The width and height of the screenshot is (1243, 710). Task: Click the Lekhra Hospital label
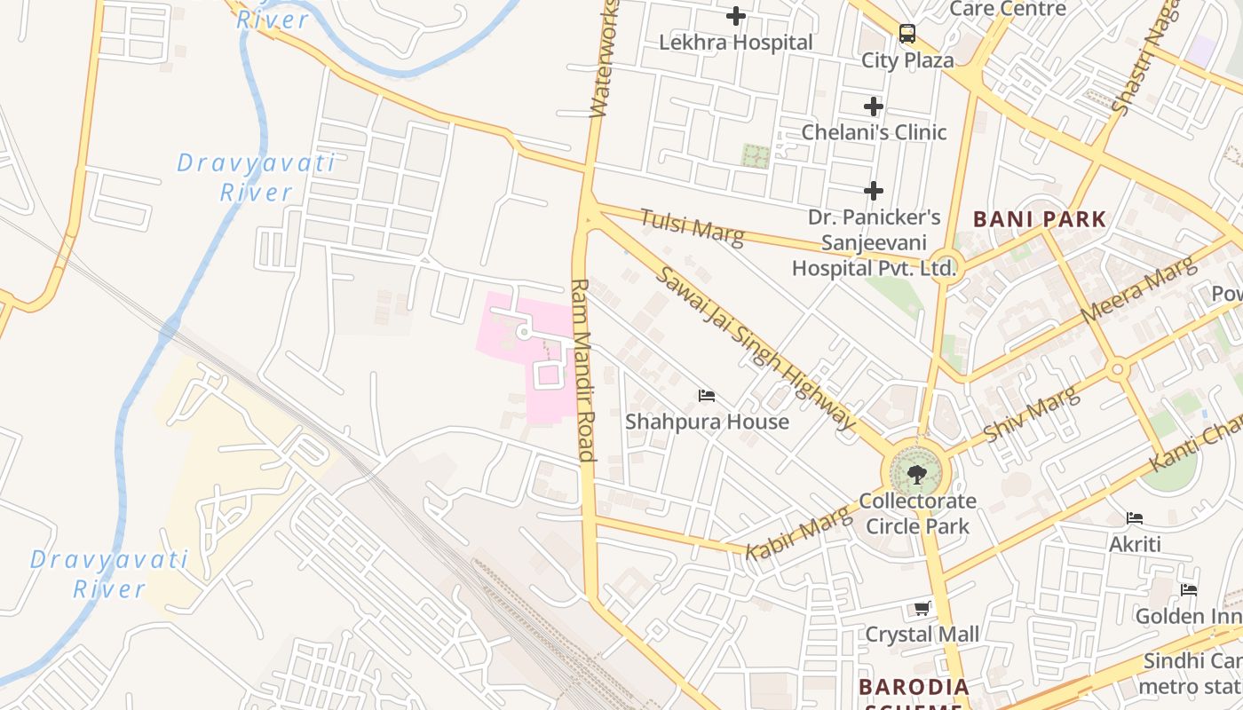tap(735, 43)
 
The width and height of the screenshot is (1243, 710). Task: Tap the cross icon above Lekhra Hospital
tap(736, 16)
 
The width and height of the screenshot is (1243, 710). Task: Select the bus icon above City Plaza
tap(907, 34)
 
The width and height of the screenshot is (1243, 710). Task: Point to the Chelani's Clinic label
tap(874, 132)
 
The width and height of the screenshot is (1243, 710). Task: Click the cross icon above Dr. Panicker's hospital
tap(874, 191)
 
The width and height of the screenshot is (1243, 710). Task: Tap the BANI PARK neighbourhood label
tap(1040, 219)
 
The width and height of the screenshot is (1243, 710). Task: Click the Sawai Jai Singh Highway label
tap(756, 347)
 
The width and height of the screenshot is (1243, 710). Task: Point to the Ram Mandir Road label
tap(582, 370)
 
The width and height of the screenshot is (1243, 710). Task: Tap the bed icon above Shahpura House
tap(707, 395)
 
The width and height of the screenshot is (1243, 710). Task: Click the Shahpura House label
tap(707, 422)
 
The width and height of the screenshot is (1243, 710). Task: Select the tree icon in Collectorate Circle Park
tap(916, 474)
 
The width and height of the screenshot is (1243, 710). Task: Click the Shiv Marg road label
tap(1032, 415)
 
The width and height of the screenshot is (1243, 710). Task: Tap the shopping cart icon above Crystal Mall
tap(922, 609)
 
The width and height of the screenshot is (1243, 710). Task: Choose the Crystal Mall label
tap(922, 635)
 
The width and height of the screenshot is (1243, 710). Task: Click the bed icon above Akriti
tap(1135, 518)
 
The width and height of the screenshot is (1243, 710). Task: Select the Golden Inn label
tap(1188, 616)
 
